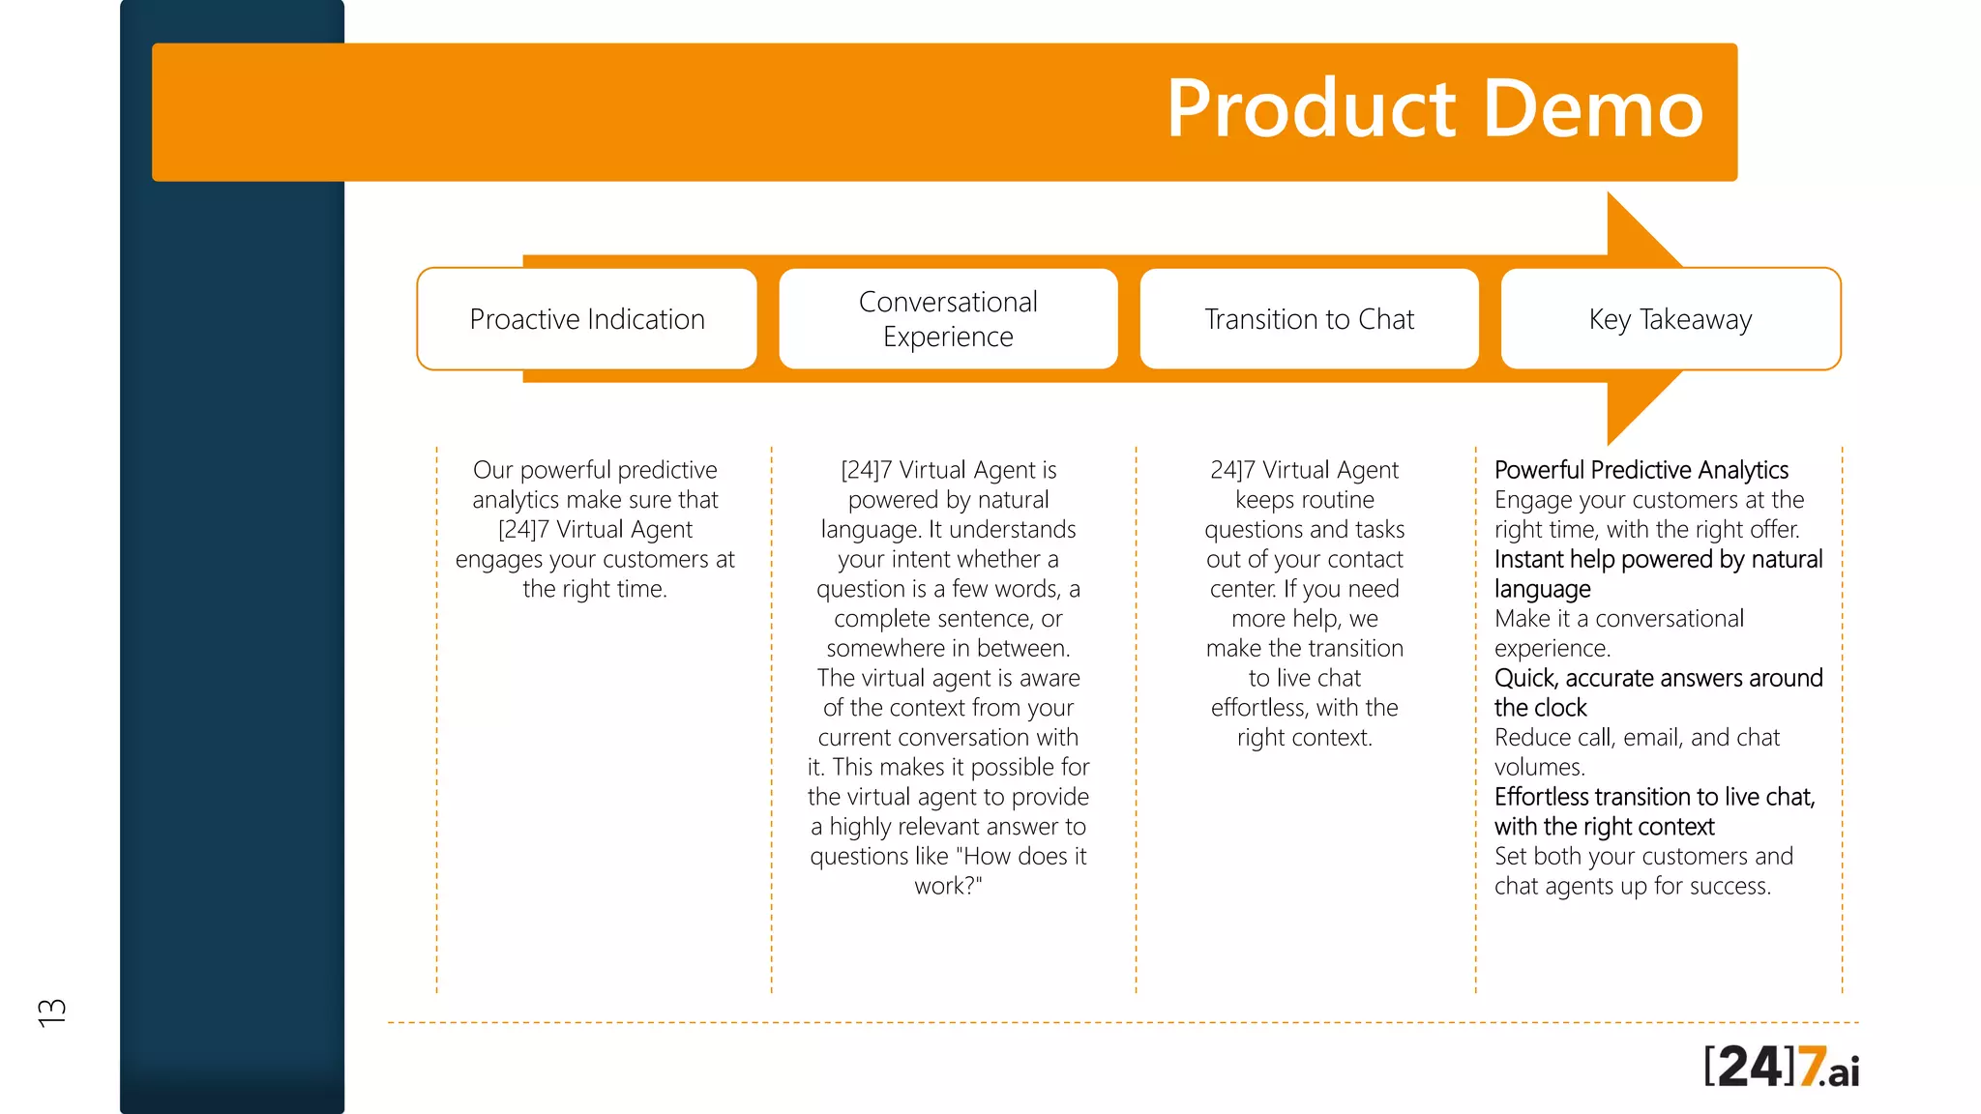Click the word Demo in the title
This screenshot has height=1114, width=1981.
coord(1592,109)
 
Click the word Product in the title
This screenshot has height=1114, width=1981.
coord(1311,109)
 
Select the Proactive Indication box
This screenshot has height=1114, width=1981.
coord(587,319)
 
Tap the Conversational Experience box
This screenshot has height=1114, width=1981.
coord(948,319)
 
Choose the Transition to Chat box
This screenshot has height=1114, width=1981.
coord(1309,319)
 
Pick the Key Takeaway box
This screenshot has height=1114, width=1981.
coord(1671,319)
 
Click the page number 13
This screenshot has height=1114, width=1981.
coord(52,1011)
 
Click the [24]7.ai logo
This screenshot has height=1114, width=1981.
coord(1781,1067)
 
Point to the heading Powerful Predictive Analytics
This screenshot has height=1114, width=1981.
coord(1641,470)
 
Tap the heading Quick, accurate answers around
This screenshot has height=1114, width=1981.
coord(1658,678)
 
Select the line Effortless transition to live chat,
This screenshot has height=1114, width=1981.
coord(1654,797)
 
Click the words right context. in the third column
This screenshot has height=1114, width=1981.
coord(1304,738)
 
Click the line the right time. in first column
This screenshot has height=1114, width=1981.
coord(595,589)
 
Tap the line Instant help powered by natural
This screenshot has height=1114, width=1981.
coord(1658,559)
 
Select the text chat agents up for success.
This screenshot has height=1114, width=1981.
coord(1632,886)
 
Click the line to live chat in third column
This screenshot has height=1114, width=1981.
coord(1304,678)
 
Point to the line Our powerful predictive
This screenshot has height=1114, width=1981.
coord(595,470)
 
